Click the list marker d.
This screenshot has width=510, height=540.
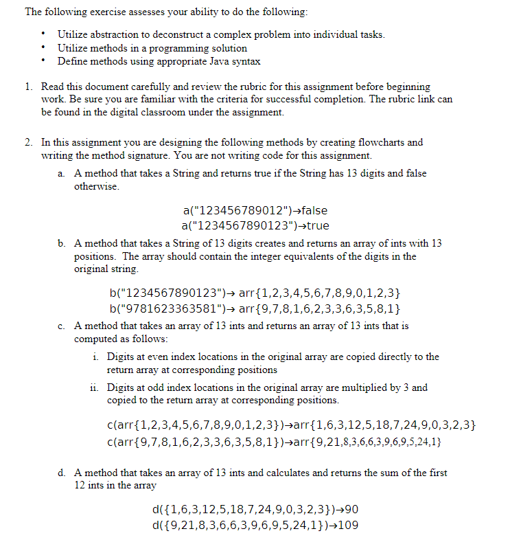point(62,473)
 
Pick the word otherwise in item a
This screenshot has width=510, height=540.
point(96,186)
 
